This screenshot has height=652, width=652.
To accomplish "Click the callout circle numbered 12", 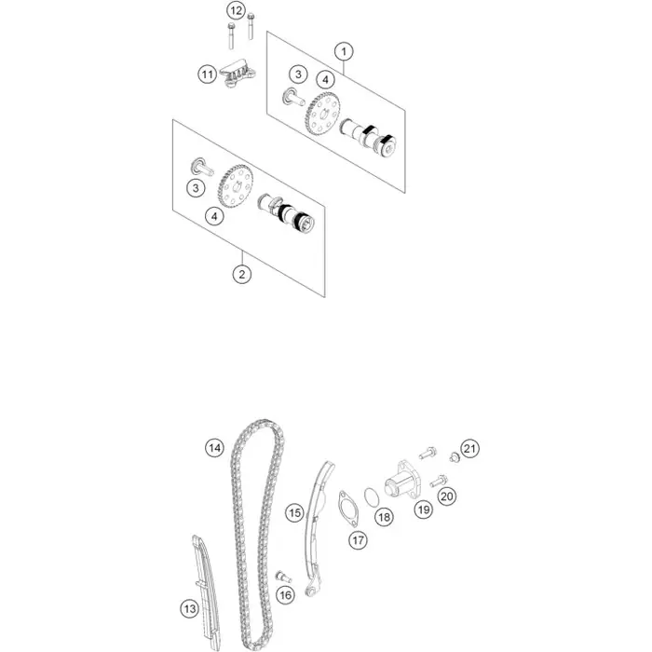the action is click(236, 10).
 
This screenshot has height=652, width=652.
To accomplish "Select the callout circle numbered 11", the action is click(207, 75).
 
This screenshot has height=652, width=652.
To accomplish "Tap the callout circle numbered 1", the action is click(344, 51).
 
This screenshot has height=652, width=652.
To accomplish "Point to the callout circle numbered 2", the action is click(241, 274).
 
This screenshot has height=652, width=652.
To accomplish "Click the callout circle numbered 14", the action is click(214, 448).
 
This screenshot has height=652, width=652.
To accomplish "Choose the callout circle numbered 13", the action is click(189, 609).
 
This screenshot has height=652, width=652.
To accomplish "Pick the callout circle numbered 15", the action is click(294, 512).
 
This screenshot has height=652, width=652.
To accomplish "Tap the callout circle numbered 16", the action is click(285, 595).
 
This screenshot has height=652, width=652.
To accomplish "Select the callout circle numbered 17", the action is click(358, 540).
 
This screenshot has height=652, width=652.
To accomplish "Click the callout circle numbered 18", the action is click(384, 517).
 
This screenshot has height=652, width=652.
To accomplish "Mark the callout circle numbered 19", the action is click(424, 509).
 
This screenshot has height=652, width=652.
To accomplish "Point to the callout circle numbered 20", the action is click(446, 496).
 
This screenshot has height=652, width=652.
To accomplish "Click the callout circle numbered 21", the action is click(469, 449).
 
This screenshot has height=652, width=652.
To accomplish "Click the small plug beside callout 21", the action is click(454, 458).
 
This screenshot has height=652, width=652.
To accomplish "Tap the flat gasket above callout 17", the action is click(347, 509).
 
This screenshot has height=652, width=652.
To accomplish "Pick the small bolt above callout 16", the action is click(283, 577).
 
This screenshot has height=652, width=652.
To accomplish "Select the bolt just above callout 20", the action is click(439, 482).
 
